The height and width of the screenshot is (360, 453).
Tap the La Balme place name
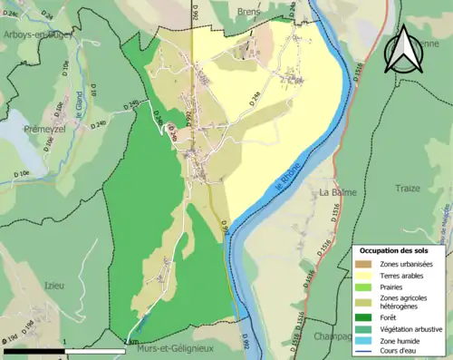click(336, 193)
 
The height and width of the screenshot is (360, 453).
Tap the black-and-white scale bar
click(63, 349)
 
